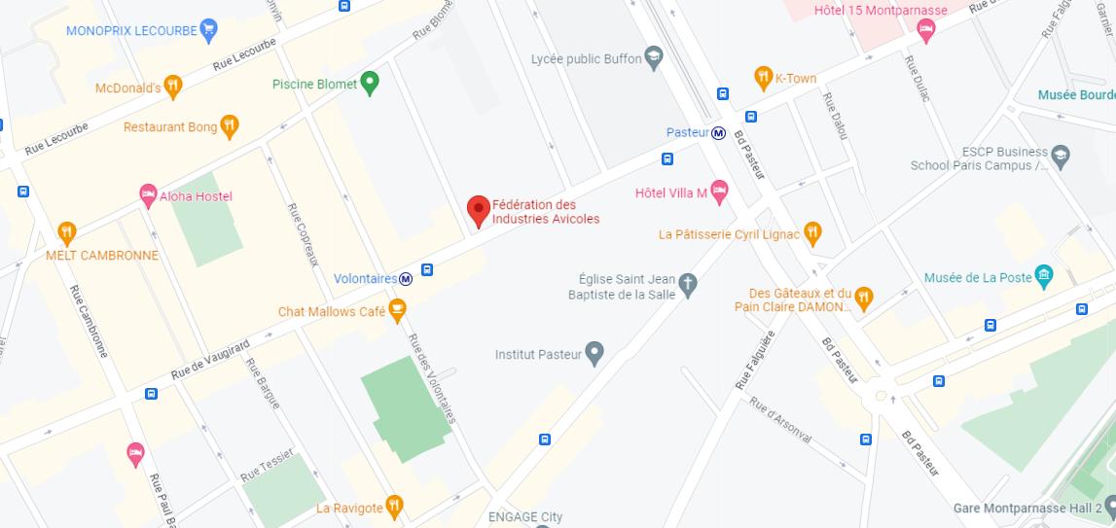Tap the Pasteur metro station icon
[x=718, y=133]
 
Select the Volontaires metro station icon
[x=406, y=279]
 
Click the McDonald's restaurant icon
[x=173, y=87]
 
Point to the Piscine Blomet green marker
[x=370, y=83]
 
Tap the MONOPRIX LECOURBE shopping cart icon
[x=208, y=30]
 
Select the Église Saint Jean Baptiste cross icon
[x=688, y=285]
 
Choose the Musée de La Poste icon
[x=1044, y=277]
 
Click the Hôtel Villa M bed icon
[x=719, y=193]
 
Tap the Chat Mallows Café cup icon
[x=397, y=311]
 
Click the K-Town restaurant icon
[x=764, y=78]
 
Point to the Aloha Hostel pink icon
[x=148, y=195]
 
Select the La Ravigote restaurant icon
[x=394, y=506]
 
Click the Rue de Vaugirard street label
[x=210, y=359]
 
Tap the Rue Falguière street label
[x=755, y=361]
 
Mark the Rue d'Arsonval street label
[x=780, y=420]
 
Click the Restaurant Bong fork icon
[x=230, y=126]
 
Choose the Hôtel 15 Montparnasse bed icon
[x=926, y=31]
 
